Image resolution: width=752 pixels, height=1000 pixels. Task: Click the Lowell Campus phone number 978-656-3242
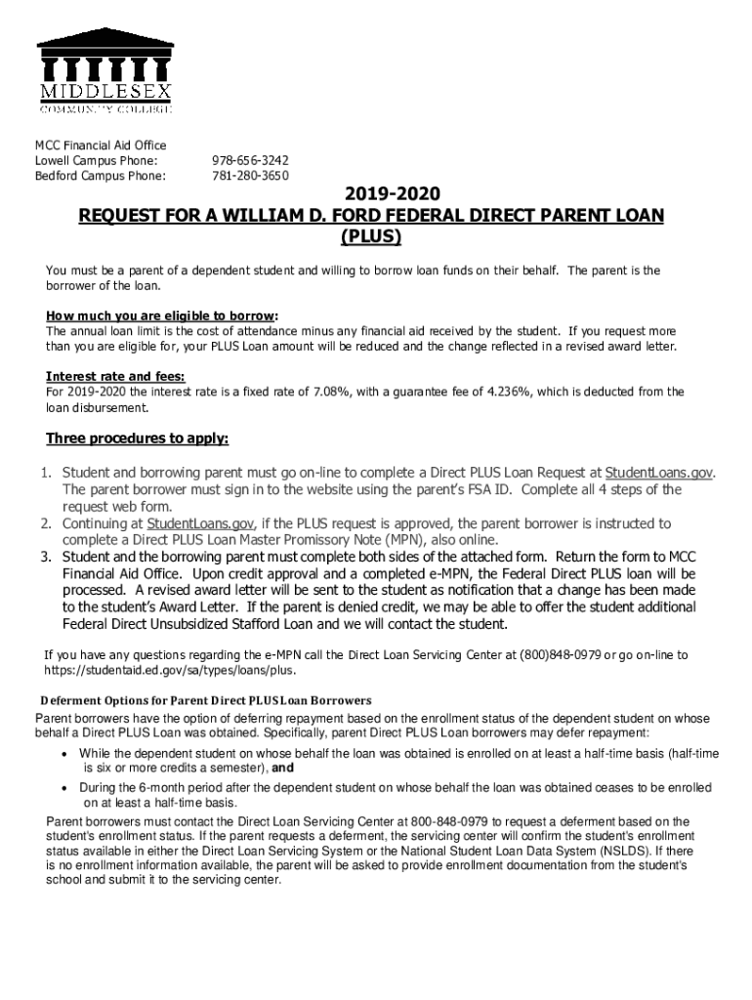click(x=249, y=160)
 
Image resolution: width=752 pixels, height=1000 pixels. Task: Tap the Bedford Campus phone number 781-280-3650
click(x=249, y=176)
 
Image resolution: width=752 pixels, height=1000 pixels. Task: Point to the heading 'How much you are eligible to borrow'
click(x=161, y=316)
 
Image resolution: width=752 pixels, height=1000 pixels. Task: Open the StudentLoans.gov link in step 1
click(x=659, y=473)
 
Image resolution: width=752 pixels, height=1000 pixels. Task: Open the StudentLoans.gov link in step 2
click(x=201, y=523)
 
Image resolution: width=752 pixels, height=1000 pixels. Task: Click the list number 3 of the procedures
click(x=46, y=558)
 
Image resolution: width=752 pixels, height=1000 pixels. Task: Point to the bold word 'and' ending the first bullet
click(x=283, y=769)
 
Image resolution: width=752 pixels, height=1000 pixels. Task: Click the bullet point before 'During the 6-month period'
click(x=64, y=787)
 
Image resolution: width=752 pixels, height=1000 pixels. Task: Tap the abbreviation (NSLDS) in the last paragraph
click(x=616, y=851)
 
